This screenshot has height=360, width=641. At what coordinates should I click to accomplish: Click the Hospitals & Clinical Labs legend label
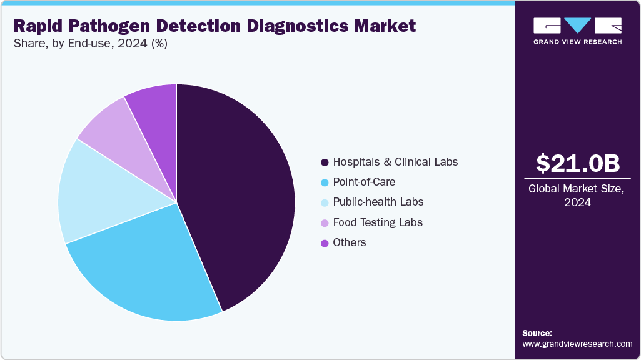click(x=395, y=162)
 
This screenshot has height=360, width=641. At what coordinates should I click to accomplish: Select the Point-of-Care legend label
click(x=364, y=182)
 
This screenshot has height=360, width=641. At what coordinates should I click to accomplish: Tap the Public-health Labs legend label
click(x=378, y=202)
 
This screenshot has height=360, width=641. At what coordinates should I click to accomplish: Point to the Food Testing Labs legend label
click(x=378, y=222)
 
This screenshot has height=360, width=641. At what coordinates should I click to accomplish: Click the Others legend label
click(x=350, y=242)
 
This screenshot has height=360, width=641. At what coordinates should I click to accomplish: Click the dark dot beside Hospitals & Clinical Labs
click(x=325, y=162)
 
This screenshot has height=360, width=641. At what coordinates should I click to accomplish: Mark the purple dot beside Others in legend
click(x=325, y=243)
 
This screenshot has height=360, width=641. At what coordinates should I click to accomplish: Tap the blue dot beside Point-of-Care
click(x=325, y=182)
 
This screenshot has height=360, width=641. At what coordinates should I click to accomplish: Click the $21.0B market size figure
click(x=578, y=163)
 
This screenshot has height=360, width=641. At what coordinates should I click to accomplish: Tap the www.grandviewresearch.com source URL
click(x=577, y=344)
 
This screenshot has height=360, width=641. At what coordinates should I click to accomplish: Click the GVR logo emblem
click(x=577, y=26)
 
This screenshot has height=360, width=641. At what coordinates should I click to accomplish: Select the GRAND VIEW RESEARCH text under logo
click(x=577, y=42)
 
